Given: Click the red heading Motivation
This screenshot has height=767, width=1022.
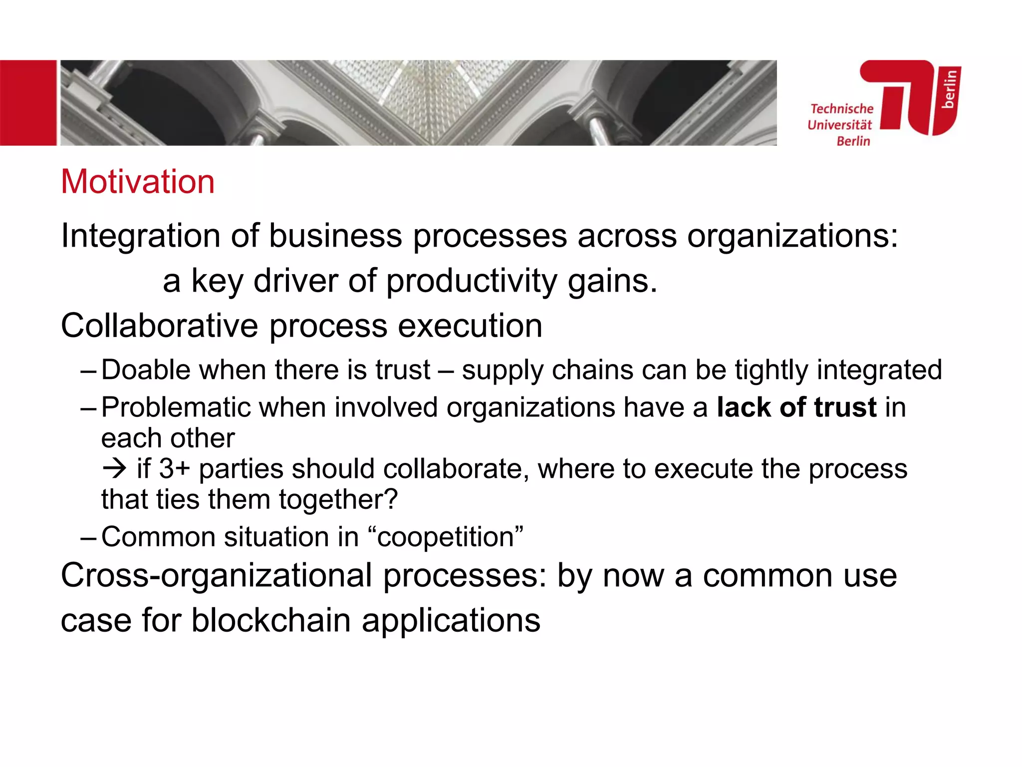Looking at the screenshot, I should tap(138, 182).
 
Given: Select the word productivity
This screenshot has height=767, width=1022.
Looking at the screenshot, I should tap(472, 281).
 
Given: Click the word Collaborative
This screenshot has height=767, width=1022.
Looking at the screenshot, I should tap(160, 326).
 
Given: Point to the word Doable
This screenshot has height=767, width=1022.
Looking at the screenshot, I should tap(146, 370).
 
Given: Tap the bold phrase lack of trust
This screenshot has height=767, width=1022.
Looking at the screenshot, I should tap(796, 407).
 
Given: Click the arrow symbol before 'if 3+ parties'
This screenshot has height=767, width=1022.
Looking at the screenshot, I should tap(114, 469).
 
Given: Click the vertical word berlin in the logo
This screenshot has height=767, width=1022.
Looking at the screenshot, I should tap(949, 89).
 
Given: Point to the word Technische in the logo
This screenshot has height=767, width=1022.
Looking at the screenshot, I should tap(842, 109).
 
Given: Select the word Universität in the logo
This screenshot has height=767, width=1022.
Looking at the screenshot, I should tap(840, 125).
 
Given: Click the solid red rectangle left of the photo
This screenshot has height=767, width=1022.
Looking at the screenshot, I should tap(28, 103).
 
